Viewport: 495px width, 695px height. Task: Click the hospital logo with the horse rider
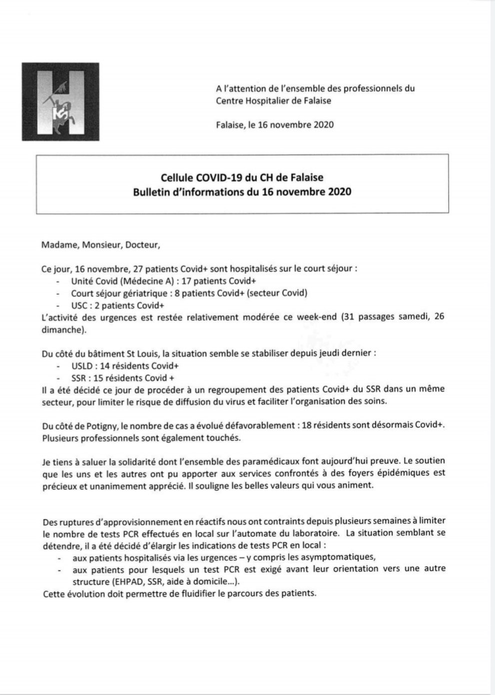60,101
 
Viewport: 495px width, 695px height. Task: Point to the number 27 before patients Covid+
139,268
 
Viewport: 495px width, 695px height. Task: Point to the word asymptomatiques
339,557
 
